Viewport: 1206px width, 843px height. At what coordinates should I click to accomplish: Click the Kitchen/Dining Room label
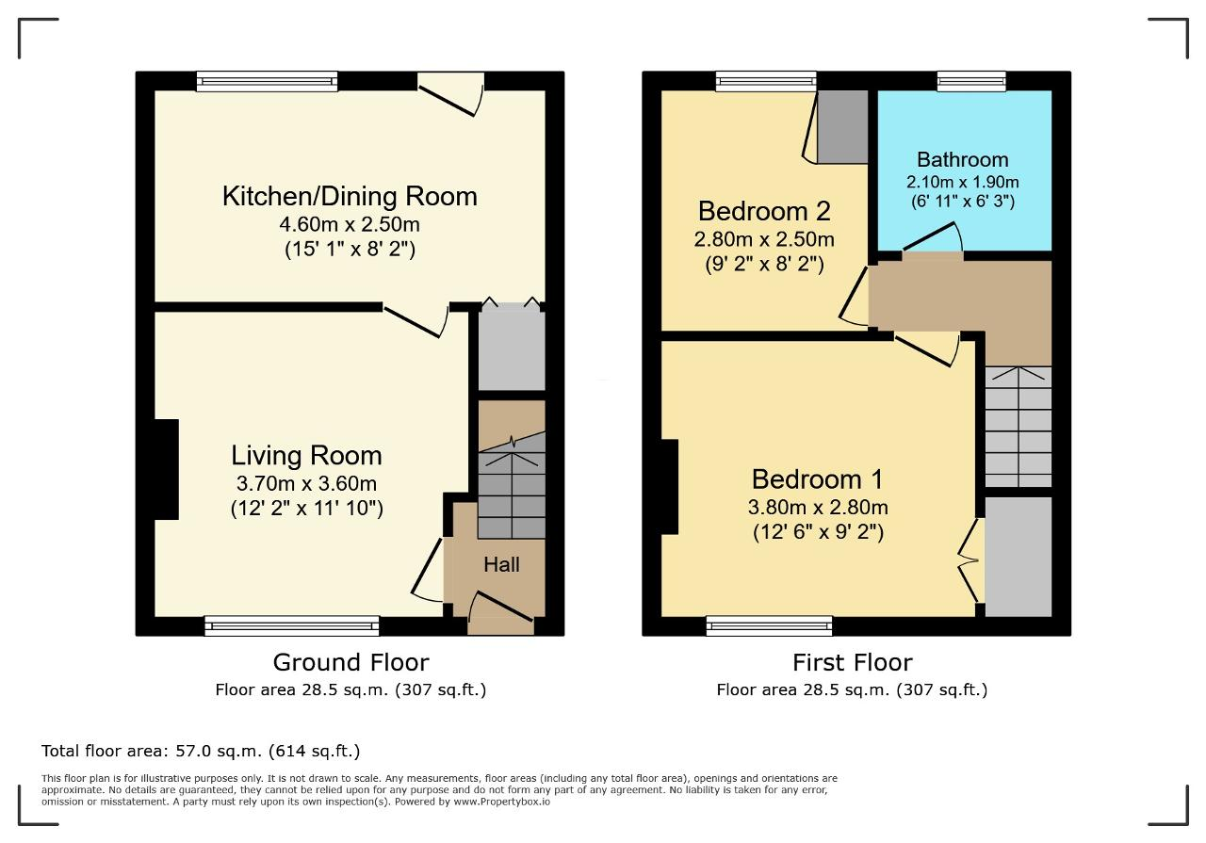[350, 196]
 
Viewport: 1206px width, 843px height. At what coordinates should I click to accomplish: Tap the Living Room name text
[306, 456]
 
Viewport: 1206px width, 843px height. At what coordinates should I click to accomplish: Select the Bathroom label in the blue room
[963, 159]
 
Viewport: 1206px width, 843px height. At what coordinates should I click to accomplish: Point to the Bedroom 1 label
[817, 479]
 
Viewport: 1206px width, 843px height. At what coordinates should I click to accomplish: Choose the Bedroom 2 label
[764, 210]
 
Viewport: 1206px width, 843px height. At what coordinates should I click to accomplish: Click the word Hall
[501, 565]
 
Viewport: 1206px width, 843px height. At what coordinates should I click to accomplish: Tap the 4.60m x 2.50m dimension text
[350, 224]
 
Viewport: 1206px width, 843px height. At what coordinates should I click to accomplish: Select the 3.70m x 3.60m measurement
[306, 483]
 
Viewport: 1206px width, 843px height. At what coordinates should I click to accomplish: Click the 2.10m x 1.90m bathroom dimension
[963, 182]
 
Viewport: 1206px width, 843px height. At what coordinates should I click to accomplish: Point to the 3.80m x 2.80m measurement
[818, 507]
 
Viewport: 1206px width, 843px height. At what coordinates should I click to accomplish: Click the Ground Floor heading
[351, 662]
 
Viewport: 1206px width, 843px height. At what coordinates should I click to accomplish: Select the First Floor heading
[853, 662]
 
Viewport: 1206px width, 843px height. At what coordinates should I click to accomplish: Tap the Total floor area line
[201, 751]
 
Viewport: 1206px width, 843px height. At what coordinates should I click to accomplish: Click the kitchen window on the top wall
[267, 81]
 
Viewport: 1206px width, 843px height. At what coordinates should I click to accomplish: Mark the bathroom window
[971, 81]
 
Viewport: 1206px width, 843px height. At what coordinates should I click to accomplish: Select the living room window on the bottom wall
[292, 626]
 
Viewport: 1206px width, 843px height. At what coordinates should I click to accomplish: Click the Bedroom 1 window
[770, 626]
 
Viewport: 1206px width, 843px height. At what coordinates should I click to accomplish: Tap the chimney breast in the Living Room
[167, 469]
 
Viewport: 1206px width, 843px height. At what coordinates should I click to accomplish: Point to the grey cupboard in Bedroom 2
[842, 127]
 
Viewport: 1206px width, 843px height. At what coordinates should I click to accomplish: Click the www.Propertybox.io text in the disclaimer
[501, 802]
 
